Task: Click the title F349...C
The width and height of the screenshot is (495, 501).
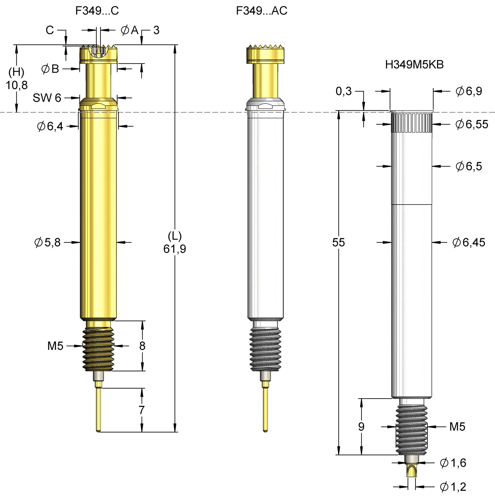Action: (x=97, y=11)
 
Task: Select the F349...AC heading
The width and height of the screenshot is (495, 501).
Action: (x=261, y=11)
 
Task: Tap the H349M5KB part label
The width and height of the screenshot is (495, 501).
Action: (x=414, y=64)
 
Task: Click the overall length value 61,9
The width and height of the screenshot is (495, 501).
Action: (x=174, y=249)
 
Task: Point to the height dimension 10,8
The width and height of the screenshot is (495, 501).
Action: (x=16, y=85)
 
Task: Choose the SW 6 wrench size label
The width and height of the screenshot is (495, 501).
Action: (x=47, y=98)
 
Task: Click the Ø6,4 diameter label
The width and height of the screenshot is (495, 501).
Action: (x=50, y=126)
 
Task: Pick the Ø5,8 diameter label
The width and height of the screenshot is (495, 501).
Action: (x=48, y=242)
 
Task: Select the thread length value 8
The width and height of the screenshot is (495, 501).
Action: (x=142, y=346)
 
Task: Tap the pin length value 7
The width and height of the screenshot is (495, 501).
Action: (x=142, y=410)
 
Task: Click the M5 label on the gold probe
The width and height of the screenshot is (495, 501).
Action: (x=55, y=346)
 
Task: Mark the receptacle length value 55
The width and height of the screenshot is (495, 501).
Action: (x=338, y=242)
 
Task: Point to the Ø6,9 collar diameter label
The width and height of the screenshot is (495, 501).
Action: (x=469, y=91)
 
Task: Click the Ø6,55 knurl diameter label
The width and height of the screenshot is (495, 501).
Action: (x=472, y=124)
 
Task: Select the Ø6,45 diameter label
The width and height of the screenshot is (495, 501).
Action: (x=469, y=242)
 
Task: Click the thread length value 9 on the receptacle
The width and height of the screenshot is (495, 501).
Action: (x=361, y=427)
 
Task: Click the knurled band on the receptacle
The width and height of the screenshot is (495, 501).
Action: (x=411, y=123)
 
